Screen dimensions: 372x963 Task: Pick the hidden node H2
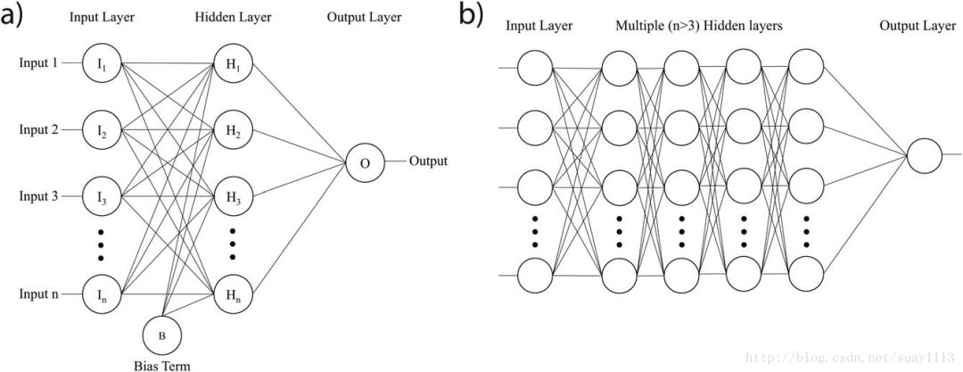(230, 130)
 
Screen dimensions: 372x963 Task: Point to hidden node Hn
(230, 293)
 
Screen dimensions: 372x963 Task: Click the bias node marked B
(162, 335)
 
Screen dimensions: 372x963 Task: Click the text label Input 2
(39, 130)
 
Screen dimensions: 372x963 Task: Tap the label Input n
(39, 293)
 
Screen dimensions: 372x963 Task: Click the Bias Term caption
(162, 364)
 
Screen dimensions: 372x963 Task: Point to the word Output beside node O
(428, 161)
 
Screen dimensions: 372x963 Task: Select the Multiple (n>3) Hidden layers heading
(699, 26)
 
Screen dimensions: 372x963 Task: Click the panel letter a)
(17, 17)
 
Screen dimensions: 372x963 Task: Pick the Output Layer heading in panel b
(918, 26)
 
